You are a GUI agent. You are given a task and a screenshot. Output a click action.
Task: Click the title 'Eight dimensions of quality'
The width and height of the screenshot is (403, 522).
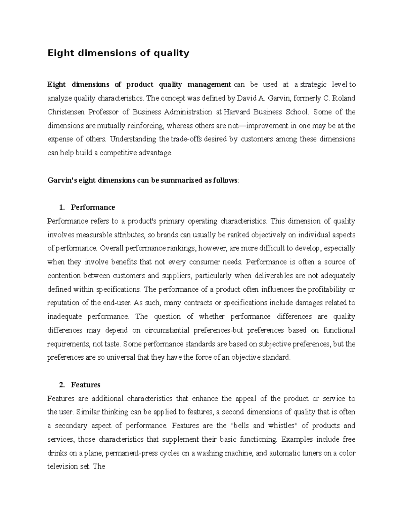[x=118, y=53]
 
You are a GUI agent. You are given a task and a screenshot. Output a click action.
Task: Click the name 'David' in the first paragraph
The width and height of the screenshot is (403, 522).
[x=247, y=98]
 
